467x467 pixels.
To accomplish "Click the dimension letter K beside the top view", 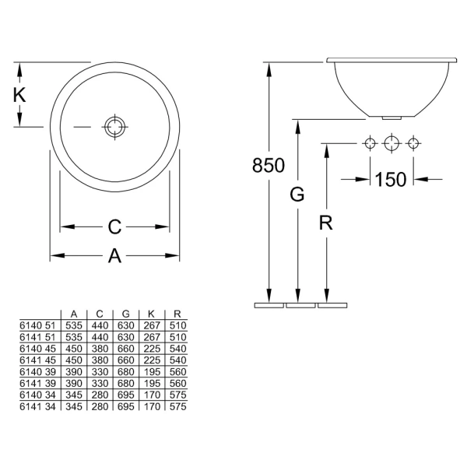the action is (19, 95).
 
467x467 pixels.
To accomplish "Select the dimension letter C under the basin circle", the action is (114, 227).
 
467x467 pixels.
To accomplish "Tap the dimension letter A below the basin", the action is (114, 255).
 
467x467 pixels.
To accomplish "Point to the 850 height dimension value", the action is (269, 165).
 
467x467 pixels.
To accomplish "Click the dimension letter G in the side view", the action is (297, 194).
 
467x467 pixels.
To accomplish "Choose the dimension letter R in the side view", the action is (326, 223).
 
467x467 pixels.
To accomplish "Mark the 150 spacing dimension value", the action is (391, 180).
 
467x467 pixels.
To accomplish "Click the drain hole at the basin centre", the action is (115, 127).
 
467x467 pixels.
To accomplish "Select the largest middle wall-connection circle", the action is (392, 143).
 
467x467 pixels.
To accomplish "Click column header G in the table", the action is (125, 314).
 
